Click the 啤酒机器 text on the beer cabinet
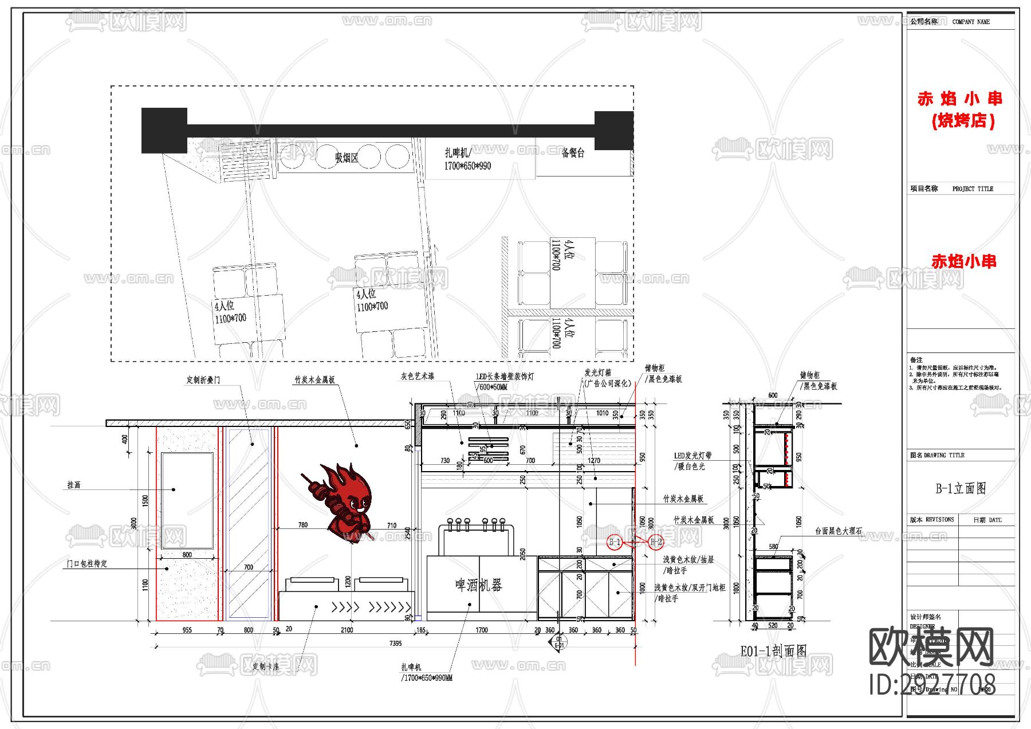[x=478, y=585]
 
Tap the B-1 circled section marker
[x=615, y=542]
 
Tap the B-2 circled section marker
[x=656, y=542]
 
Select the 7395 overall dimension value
[x=395, y=643]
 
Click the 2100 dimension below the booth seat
[x=347, y=630]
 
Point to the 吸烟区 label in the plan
[x=346, y=158]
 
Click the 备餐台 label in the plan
[x=572, y=153]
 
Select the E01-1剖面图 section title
[x=773, y=651]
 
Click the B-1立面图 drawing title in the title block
[x=961, y=488]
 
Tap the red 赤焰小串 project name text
[x=963, y=261]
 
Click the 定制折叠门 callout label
[x=203, y=380]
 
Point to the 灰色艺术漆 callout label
[x=417, y=376]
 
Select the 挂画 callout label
[x=74, y=485]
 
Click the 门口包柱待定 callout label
[x=87, y=564]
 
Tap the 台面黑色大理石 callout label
[x=839, y=531]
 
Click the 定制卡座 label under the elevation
[x=266, y=667]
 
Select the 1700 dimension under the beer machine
[x=481, y=630]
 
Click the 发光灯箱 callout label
[x=597, y=373]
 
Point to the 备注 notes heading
[x=916, y=360]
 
